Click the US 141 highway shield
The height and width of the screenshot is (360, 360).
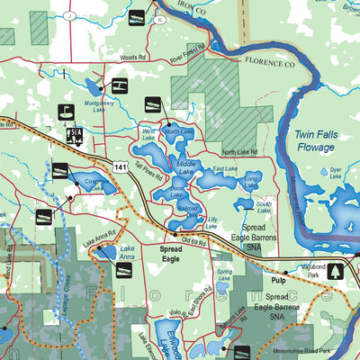119,166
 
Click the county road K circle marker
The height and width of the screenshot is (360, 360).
160,18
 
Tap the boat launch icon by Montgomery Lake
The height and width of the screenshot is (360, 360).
118,86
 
